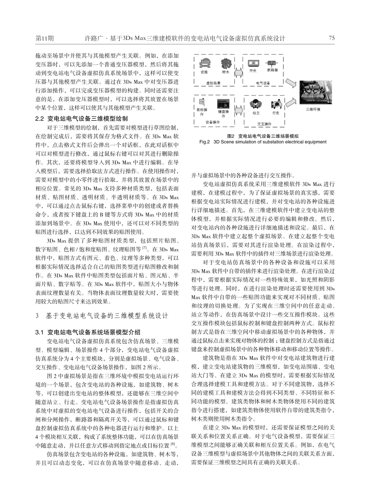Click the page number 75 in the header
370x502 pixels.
coord(332,38)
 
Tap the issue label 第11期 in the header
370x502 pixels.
coord(44,38)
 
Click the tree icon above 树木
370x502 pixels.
coord(226,63)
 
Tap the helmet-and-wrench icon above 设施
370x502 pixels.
coord(205,63)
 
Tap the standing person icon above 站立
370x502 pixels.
coord(255,104)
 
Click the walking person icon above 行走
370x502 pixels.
coord(276,104)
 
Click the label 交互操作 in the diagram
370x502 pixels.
coord(265,123)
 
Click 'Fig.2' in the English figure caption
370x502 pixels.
coord(204,142)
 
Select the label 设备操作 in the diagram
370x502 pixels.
coord(213,122)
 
